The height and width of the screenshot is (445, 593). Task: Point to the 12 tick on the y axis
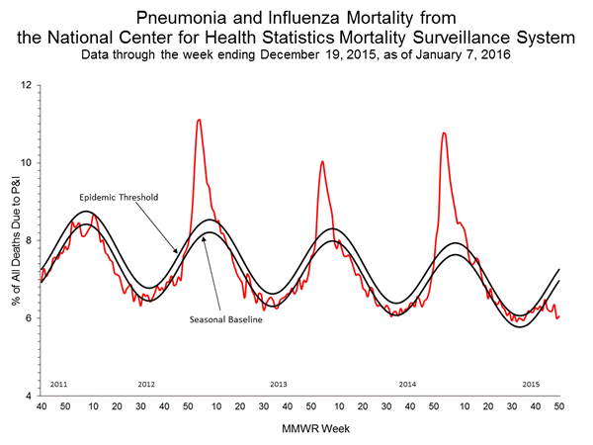point(28,86)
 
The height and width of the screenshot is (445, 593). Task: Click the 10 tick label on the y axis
point(28,163)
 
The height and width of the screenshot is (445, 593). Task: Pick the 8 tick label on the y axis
point(30,240)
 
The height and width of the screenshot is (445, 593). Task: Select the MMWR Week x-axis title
point(299,431)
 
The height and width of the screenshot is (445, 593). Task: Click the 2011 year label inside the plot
point(57,384)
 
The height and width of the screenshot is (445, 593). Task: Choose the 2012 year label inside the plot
point(146,384)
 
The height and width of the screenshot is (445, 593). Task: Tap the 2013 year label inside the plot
point(279,384)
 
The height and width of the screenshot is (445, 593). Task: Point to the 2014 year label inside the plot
point(406,384)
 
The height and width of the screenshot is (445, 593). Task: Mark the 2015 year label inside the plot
point(531,384)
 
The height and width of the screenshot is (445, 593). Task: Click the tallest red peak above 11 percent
point(200,121)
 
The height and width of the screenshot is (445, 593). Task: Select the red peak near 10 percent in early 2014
point(321,161)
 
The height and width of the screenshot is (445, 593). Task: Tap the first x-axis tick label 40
point(41,406)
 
